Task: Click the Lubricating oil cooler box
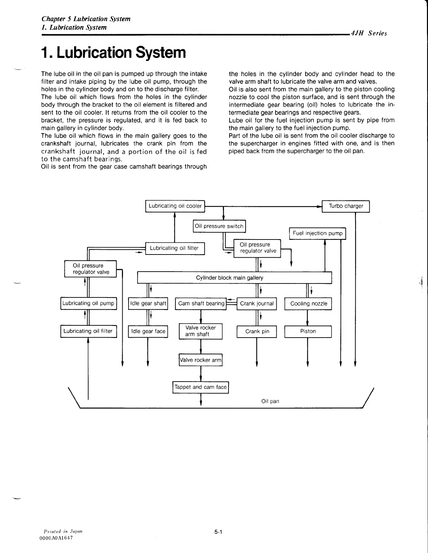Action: (x=175, y=206)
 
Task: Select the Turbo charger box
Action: (x=346, y=206)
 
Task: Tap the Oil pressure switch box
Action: (x=219, y=226)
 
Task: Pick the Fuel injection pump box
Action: (x=317, y=233)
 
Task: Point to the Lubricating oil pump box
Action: (x=88, y=303)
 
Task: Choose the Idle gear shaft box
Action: (x=148, y=303)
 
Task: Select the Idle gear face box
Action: (x=148, y=331)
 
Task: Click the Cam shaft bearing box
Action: (x=201, y=303)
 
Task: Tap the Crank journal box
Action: (x=257, y=303)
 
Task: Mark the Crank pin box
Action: (x=257, y=331)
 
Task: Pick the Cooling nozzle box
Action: (x=308, y=303)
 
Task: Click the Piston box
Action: (x=308, y=331)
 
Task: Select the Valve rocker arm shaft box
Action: (x=201, y=331)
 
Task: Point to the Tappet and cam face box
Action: (x=201, y=387)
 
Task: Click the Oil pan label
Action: (x=270, y=401)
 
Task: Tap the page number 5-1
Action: (x=219, y=532)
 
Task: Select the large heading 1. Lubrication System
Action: (x=113, y=53)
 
